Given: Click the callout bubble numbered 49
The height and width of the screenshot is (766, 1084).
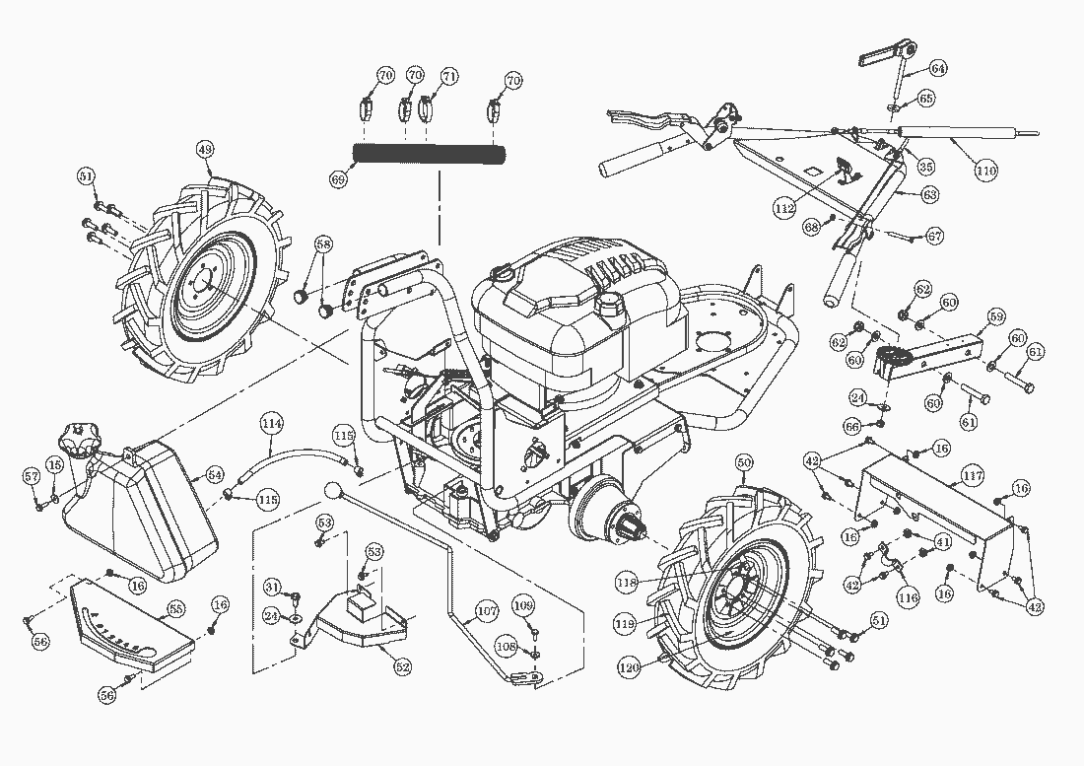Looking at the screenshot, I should click(205, 150).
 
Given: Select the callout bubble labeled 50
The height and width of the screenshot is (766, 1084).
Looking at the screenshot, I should click(744, 461).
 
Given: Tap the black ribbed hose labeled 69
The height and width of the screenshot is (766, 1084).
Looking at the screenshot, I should click(430, 154).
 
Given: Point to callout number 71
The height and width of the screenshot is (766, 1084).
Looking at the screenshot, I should click(449, 76).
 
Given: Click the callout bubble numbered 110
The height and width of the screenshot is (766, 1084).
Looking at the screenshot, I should click(986, 171).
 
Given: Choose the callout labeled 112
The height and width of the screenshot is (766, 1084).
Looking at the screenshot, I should click(784, 209).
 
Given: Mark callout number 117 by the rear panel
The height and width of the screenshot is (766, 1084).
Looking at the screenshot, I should click(973, 476).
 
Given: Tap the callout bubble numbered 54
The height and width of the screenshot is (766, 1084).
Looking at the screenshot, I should click(215, 475).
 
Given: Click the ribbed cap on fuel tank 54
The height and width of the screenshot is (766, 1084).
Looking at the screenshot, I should click(77, 435).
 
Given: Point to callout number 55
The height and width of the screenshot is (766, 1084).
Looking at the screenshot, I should click(175, 609).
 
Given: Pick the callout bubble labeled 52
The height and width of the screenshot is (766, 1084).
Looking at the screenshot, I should click(401, 667).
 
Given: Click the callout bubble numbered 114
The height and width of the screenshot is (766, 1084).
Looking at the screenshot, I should click(272, 423).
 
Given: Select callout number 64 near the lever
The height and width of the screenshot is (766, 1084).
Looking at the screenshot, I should click(937, 68).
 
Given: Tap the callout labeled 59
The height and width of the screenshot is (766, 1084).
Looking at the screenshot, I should click(996, 316).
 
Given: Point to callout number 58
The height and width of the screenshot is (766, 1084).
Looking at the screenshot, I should click(324, 244).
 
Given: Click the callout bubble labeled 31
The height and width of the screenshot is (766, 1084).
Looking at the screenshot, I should click(273, 587).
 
